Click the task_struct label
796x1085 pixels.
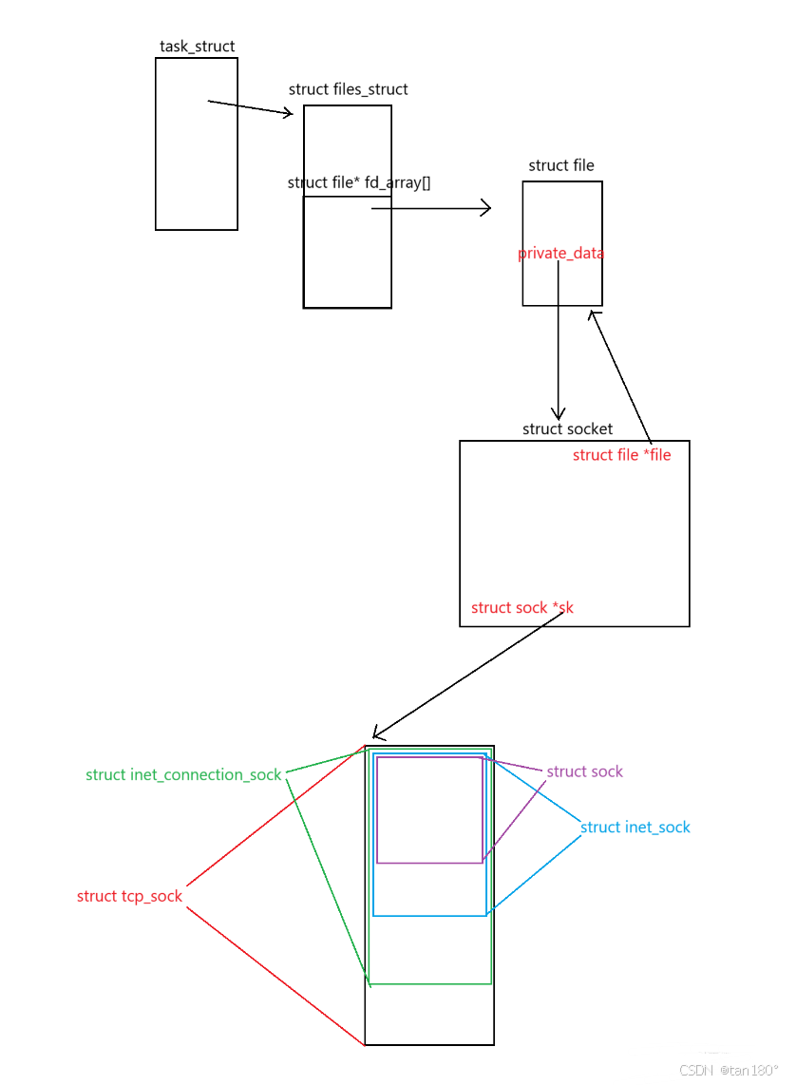(x=197, y=46)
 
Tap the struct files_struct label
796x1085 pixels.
(x=348, y=89)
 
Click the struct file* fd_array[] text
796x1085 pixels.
(x=358, y=182)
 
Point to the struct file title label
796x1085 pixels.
(x=561, y=165)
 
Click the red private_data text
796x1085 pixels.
(x=560, y=254)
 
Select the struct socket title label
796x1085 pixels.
(x=567, y=428)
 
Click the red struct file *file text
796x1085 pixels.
(x=621, y=455)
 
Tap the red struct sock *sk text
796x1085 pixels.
(x=521, y=607)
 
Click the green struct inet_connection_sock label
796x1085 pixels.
(x=183, y=774)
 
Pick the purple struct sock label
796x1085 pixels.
(x=584, y=771)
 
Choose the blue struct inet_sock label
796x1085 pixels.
(x=635, y=827)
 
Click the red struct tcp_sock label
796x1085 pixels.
(x=129, y=896)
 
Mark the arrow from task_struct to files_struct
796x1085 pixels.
(x=251, y=107)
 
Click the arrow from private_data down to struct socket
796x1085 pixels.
(x=559, y=352)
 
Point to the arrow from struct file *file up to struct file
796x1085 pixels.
(x=621, y=376)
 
